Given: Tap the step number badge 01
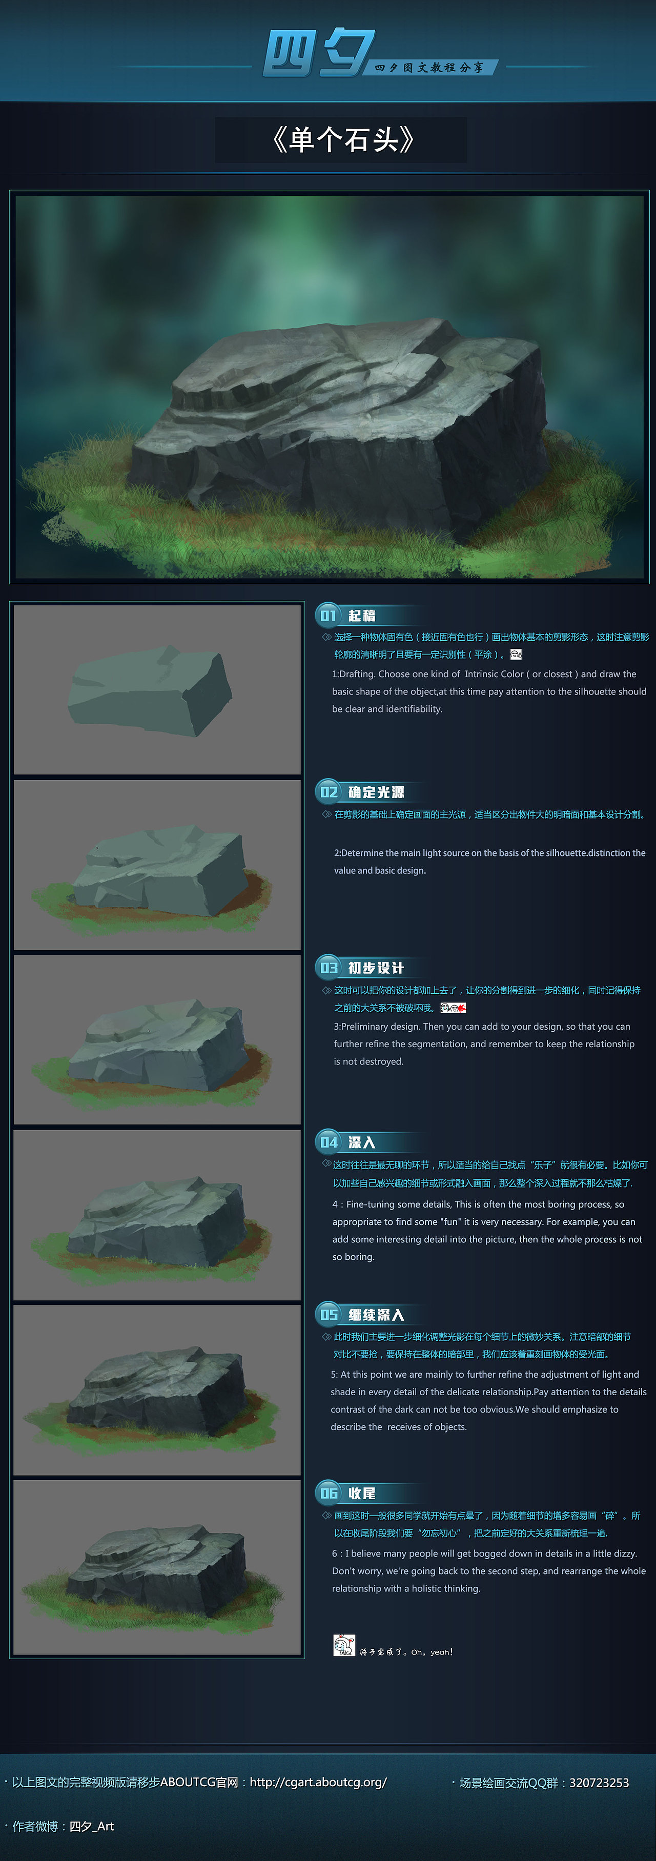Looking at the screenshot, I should [328, 615].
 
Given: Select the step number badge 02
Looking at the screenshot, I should [328, 792].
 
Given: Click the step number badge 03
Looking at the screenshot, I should [328, 967].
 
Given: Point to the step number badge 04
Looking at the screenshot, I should [328, 1142].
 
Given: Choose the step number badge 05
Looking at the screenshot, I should [328, 1314].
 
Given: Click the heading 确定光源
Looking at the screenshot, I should [376, 792].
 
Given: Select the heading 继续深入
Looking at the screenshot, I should [376, 1315].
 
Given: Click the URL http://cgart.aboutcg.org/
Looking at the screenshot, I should [318, 1782].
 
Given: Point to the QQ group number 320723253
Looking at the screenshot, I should [599, 1783].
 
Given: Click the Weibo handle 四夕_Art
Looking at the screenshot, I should [92, 1826].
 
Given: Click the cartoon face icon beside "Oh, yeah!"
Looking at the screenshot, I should [344, 1645].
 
